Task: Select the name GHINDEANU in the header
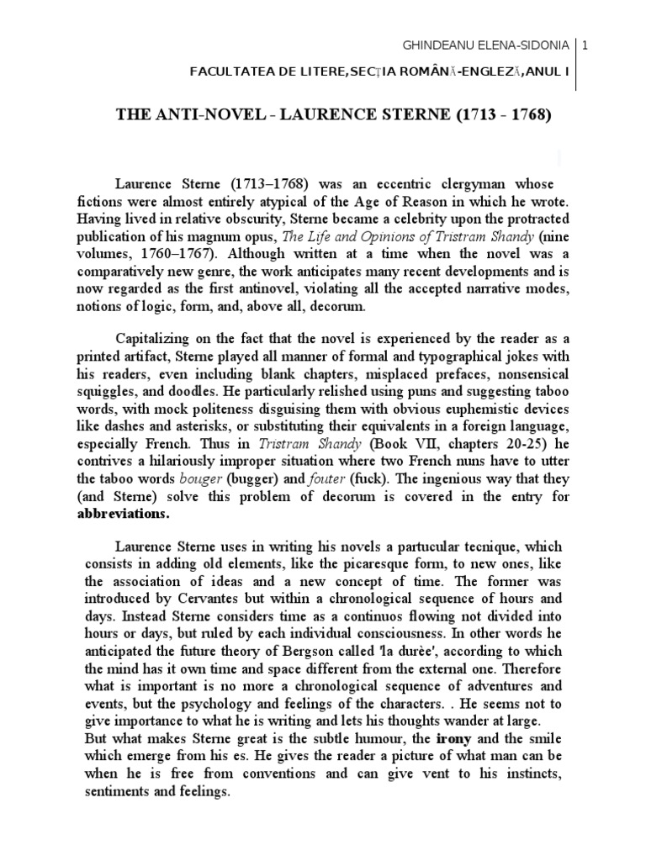434,44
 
